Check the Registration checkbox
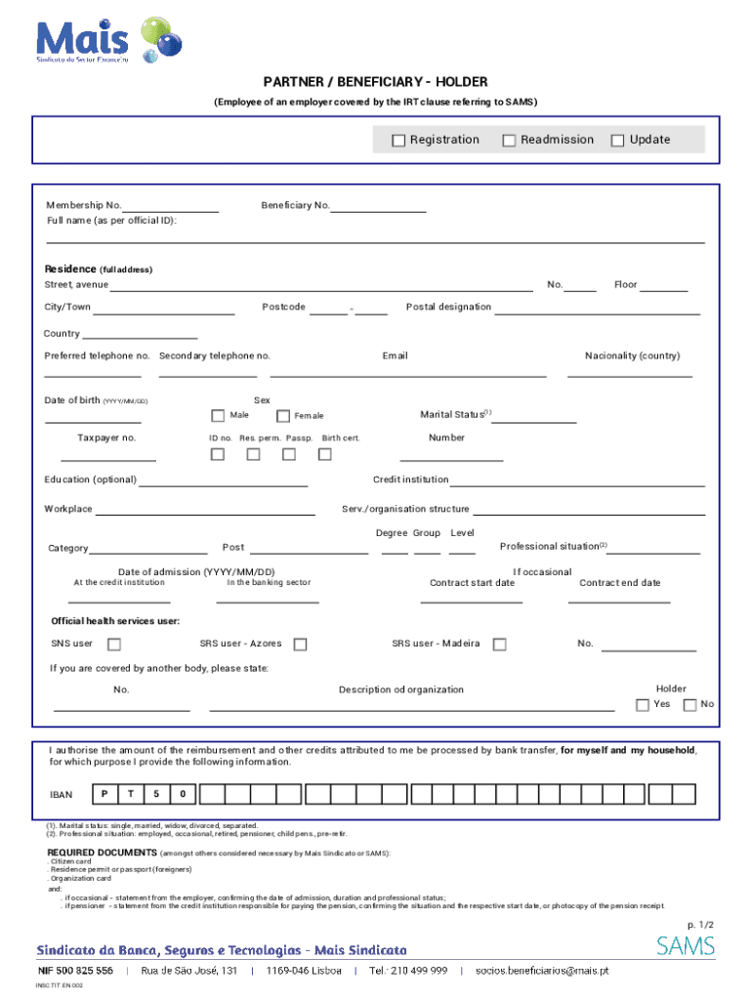click(398, 141)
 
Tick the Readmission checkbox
click(509, 141)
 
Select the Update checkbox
click(617, 141)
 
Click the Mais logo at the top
click(107, 40)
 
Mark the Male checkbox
click(218, 416)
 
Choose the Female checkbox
click(283, 416)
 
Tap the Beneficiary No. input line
click(378, 206)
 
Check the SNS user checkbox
click(114, 645)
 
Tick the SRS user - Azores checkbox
click(300, 645)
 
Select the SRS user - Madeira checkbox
click(499, 645)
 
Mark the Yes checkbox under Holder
click(642, 705)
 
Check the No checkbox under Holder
click(689, 705)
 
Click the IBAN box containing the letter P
click(104, 793)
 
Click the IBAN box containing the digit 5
click(156, 793)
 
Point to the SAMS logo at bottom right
click(685, 945)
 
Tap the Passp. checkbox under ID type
click(289, 454)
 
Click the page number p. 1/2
click(700, 924)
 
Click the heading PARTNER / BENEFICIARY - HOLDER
click(375, 82)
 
